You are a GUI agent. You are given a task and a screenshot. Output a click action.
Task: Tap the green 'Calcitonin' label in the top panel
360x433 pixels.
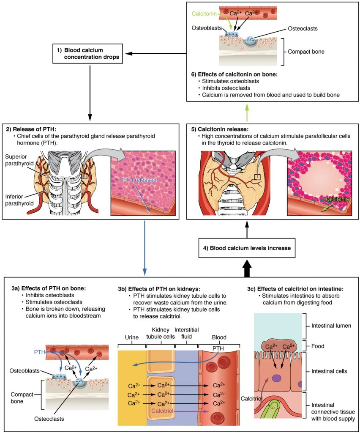click(205, 14)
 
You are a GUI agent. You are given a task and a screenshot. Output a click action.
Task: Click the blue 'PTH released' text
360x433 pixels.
click(139, 180)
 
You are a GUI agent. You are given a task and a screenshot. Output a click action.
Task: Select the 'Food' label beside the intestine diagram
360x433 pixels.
click(318, 346)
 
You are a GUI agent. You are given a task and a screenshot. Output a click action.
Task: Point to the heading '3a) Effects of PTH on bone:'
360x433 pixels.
click(49, 288)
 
